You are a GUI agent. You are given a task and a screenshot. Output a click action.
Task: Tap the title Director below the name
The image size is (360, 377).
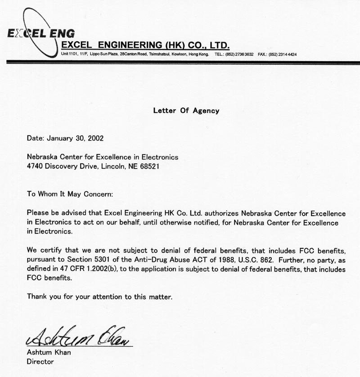point(40,361)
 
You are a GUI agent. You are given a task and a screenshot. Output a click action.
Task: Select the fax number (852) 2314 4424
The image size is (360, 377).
point(283,54)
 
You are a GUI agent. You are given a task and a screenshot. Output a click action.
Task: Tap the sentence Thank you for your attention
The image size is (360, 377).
point(99,296)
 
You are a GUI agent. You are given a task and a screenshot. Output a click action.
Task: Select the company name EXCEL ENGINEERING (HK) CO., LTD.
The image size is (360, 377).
point(145,45)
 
